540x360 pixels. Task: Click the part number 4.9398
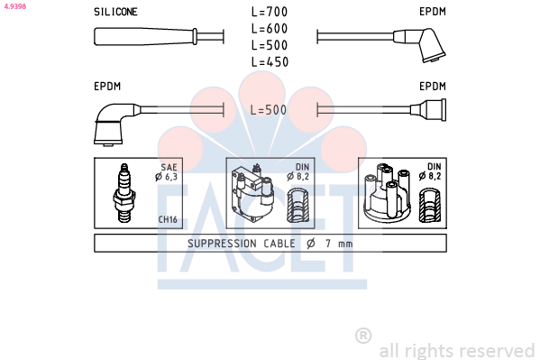coord(14,6)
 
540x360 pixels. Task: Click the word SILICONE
coord(115,12)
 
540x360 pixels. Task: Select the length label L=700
coord(270,12)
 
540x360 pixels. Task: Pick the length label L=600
coord(270,29)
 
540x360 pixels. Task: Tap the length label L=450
coord(270,62)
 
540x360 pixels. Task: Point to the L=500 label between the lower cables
coord(269,110)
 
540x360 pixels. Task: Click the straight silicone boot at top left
coord(146,37)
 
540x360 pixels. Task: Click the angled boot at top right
coord(420,44)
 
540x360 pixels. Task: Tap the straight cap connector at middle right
coord(429,110)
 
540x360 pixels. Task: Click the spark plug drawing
coord(124,193)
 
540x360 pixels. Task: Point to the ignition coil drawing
coord(252,193)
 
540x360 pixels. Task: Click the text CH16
coord(168,219)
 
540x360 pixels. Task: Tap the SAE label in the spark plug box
coord(169,167)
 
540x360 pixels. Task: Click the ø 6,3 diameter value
coord(166,177)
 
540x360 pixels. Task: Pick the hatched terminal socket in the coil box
coord(298,206)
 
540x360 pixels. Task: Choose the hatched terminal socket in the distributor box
coord(430,206)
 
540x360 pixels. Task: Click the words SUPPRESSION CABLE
coord(242,244)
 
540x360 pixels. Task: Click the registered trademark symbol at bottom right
coord(363,336)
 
